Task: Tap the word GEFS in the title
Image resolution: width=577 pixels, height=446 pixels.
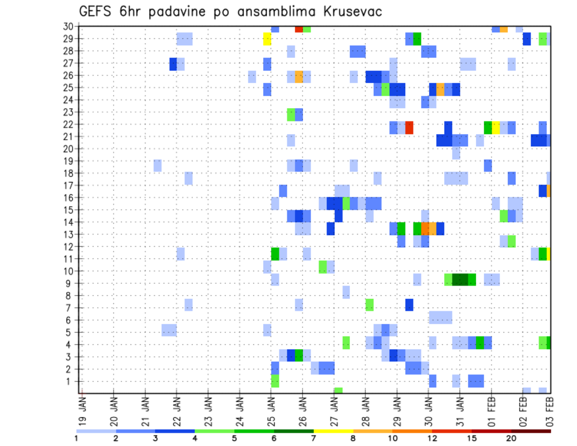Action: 97,12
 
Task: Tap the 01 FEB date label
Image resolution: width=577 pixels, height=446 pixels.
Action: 491,406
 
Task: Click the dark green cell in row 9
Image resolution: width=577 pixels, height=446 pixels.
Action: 460,280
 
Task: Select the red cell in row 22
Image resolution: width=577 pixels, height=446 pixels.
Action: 409,127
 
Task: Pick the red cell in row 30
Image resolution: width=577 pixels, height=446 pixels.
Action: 299,28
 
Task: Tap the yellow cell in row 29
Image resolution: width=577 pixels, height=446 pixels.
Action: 267,39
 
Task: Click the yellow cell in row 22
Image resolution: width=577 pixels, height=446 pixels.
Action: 496,127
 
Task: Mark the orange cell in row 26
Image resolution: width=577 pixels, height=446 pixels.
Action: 299,76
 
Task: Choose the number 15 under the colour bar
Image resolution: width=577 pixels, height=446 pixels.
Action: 472,438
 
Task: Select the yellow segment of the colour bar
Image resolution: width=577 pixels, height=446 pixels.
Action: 333,431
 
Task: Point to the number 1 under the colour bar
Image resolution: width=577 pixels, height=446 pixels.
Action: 76,438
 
